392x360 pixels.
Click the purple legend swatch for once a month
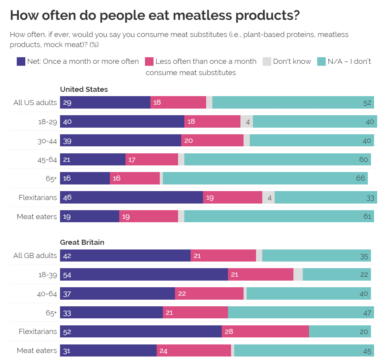tap(21, 61)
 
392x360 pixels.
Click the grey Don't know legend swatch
tap(267, 61)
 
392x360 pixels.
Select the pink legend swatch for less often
tap(149, 61)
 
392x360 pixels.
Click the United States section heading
tap(84, 90)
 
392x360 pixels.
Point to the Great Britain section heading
tap(82, 242)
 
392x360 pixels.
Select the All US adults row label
tap(35, 103)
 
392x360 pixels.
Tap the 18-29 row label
tap(48, 122)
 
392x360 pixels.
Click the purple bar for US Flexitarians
tap(131, 197)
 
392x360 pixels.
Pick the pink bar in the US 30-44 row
tap(212, 140)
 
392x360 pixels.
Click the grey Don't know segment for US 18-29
tap(247, 122)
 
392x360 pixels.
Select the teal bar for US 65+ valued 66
tap(265, 178)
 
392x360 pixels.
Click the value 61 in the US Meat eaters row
tap(367, 216)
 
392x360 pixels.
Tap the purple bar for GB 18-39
tap(144, 274)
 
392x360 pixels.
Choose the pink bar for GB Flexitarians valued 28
tap(265, 332)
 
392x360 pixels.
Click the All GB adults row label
tap(35, 256)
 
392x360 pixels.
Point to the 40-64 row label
tap(47, 294)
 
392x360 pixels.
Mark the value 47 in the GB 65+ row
tap(367, 313)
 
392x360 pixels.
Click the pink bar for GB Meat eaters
tap(194, 351)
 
